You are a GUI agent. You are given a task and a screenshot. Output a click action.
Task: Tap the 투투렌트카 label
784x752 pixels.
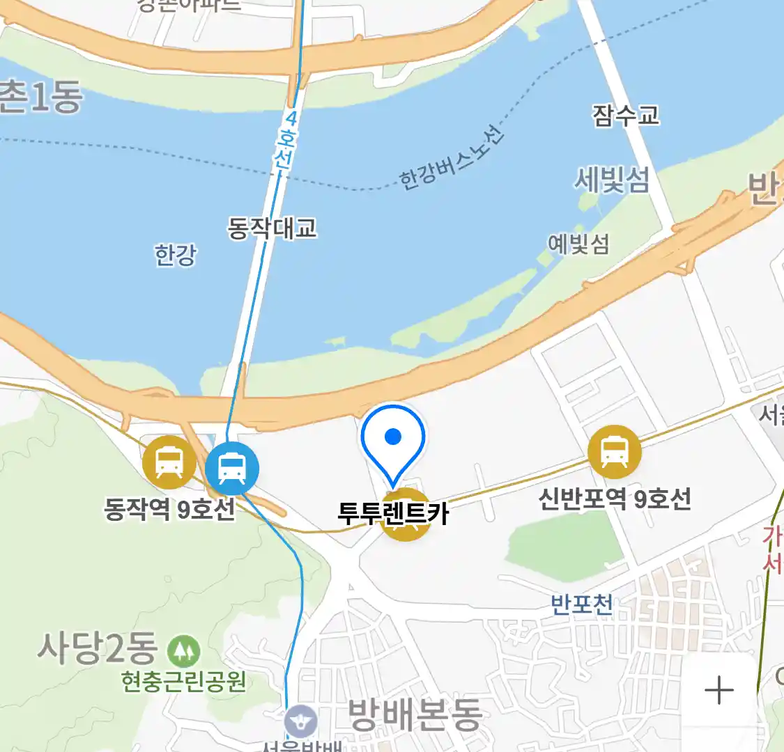click(x=393, y=513)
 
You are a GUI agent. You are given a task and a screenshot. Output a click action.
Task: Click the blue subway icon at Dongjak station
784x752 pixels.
click(x=232, y=468)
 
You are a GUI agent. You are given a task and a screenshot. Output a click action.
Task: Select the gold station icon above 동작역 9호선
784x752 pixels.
click(x=169, y=462)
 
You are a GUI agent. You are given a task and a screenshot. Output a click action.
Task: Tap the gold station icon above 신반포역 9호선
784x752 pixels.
click(x=614, y=451)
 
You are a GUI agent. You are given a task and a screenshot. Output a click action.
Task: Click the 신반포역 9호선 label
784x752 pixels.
click(x=614, y=499)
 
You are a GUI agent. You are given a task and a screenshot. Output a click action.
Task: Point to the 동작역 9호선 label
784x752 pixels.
click(x=169, y=510)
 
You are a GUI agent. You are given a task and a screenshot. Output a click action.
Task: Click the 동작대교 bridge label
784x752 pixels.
click(x=272, y=228)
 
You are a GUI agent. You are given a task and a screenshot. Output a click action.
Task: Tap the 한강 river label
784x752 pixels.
click(x=176, y=255)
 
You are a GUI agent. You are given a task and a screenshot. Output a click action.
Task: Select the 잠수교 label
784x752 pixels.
click(x=625, y=116)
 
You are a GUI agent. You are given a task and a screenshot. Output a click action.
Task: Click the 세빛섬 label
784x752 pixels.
click(x=611, y=180)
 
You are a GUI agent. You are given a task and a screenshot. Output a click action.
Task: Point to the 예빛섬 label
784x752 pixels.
click(x=578, y=244)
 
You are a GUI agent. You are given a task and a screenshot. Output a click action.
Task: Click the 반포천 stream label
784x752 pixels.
click(x=581, y=603)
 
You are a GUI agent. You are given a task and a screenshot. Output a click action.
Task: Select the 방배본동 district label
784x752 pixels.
click(x=415, y=714)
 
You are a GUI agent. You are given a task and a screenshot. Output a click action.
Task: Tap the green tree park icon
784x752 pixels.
click(x=183, y=651)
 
